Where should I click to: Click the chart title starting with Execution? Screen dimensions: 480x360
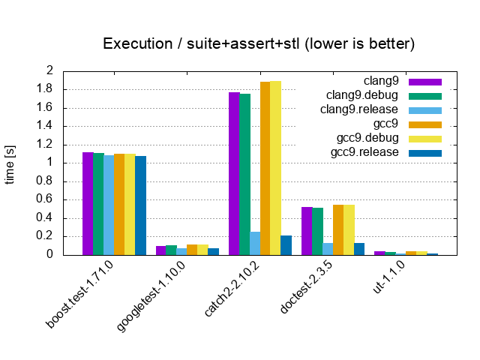coord(259,43)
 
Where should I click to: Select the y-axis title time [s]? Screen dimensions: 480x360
coord(10,165)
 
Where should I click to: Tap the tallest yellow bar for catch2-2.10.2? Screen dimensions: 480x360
coord(275,168)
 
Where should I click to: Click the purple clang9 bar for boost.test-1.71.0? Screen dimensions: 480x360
coord(88,203)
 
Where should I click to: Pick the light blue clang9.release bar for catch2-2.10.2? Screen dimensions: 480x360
coord(255,243)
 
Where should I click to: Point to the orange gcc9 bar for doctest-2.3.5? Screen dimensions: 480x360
coord(338,230)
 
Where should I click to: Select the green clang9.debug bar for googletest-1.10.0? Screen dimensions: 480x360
coord(172,250)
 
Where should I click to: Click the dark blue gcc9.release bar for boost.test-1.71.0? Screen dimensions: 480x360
coord(141,205)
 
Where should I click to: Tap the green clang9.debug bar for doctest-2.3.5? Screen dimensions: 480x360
coord(317,232)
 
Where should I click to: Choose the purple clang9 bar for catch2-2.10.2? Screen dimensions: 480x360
coord(234,173)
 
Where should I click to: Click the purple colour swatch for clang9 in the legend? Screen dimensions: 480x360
coord(425,82)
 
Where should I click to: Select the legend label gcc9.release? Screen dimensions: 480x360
coord(364,152)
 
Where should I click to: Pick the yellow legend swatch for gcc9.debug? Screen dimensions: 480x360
coord(425,139)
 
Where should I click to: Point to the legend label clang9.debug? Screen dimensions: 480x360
coord(361,95)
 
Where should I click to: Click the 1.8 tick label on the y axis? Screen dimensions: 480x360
coord(45,89)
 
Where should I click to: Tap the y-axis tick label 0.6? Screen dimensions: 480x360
coord(45,199)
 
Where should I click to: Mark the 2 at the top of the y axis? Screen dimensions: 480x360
coord(49,70)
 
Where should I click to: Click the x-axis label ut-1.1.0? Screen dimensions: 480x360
coord(388,277)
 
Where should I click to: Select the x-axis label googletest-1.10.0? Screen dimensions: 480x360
coord(151,296)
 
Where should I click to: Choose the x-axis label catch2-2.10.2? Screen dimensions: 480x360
coord(232,289)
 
